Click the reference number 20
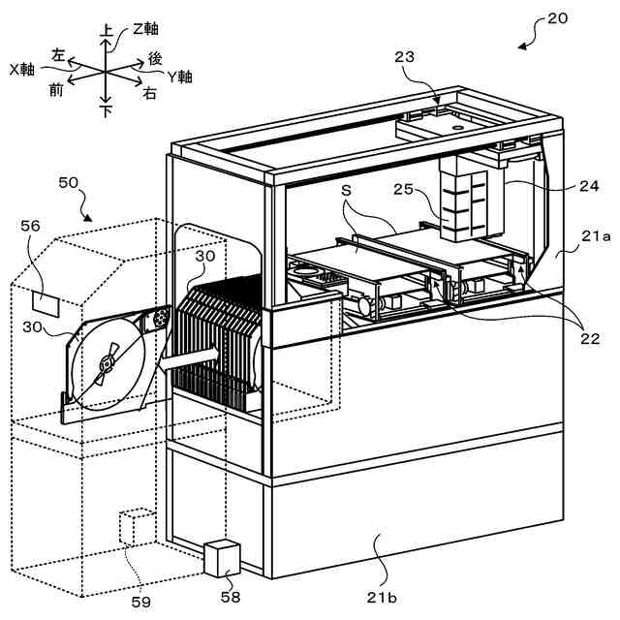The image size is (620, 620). pyautogui.click(x=557, y=18)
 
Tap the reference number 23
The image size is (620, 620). pyautogui.click(x=404, y=57)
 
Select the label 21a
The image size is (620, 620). pyautogui.click(x=597, y=236)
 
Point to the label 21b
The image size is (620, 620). pyautogui.click(x=382, y=597)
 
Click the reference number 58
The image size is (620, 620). pyautogui.click(x=231, y=597)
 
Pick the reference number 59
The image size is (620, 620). pyautogui.click(x=141, y=603)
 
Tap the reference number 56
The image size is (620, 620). pyautogui.click(x=30, y=226)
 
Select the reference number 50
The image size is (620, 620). pyautogui.click(x=69, y=182)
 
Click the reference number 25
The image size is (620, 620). pyautogui.click(x=403, y=189)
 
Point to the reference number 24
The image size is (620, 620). pyautogui.click(x=589, y=186)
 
